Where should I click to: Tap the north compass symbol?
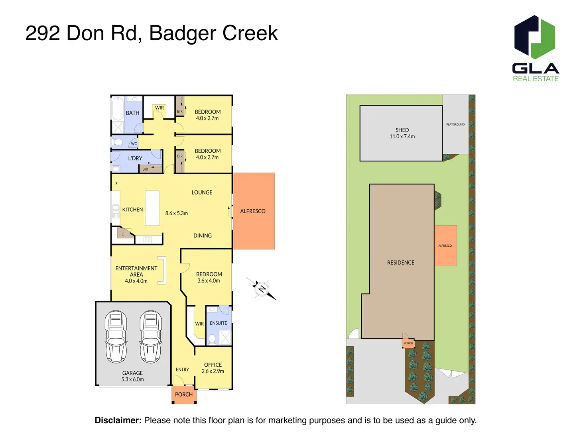(x=262, y=289)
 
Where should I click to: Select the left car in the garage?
(x=116, y=337)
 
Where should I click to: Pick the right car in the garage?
(x=151, y=337)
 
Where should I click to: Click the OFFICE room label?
(x=213, y=365)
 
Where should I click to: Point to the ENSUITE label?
(x=218, y=323)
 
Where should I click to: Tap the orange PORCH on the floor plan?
(x=184, y=395)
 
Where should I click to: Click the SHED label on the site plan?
(x=402, y=130)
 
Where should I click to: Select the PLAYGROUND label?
(x=455, y=124)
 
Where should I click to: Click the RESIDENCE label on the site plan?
(x=401, y=263)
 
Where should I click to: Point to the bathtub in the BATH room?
(x=118, y=108)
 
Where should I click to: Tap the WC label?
(x=134, y=144)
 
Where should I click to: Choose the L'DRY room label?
(x=135, y=158)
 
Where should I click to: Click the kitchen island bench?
(x=152, y=208)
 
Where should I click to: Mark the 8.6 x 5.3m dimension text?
(x=177, y=214)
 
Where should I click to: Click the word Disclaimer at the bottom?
(x=118, y=420)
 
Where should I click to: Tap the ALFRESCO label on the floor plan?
(x=253, y=211)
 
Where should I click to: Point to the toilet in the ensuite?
(x=212, y=339)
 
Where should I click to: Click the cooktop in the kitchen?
(x=148, y=240)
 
